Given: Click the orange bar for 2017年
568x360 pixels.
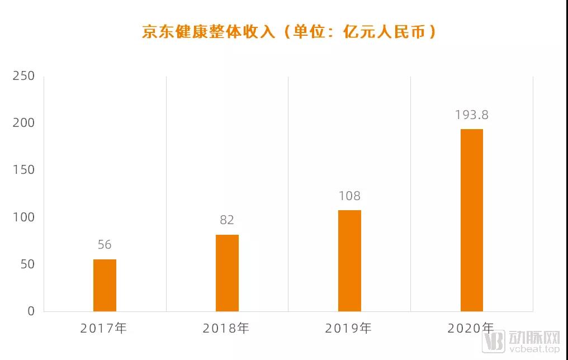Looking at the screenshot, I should (105, 285).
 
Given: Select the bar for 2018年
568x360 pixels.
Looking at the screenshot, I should (227, 273).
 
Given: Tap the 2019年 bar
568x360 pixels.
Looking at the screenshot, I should (349, 260).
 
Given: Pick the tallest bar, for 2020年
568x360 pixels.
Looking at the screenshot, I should (472, 220).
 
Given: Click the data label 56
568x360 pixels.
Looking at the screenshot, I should (105, 245).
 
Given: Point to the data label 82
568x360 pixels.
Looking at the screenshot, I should (227, 220).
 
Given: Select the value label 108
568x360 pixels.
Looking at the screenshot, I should (349, 196).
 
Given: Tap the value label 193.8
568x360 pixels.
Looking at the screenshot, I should (472, 115).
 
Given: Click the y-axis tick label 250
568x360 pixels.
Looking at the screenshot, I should (23, 76).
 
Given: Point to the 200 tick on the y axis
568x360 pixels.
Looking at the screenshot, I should (23, 123).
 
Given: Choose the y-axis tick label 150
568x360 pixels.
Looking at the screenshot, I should (23, 170).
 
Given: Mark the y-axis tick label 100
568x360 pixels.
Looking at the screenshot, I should (23, 217).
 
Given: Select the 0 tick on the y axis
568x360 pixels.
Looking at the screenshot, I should (31, 311).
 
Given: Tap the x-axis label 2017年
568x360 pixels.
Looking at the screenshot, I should (104, 328).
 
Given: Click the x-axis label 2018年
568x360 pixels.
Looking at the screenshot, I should (226, 328).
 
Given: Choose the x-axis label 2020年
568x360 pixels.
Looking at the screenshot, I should (471, 328).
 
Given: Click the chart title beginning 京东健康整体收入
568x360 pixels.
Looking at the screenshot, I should (289, 31).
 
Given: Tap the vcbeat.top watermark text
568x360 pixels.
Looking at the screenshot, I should (533, 349).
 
